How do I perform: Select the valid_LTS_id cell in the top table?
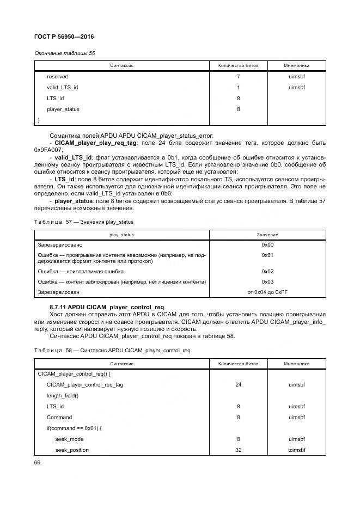tap(62, 87)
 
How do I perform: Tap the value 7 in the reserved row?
tap(238, 77)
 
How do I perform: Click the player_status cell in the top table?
tap(63, 109)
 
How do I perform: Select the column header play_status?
tap(121, 235)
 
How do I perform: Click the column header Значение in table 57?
tap(267, 235)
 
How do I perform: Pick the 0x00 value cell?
tap(267, 244)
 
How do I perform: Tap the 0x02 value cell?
tap(267, 271)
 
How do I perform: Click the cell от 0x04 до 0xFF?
tap(267, 292)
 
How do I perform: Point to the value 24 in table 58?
tap(238, 385)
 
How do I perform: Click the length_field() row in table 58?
tap(63, 396)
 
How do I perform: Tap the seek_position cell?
tap(72, 450)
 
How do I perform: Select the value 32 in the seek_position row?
tap(238, 450)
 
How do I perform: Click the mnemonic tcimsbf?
tap(297, 450)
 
